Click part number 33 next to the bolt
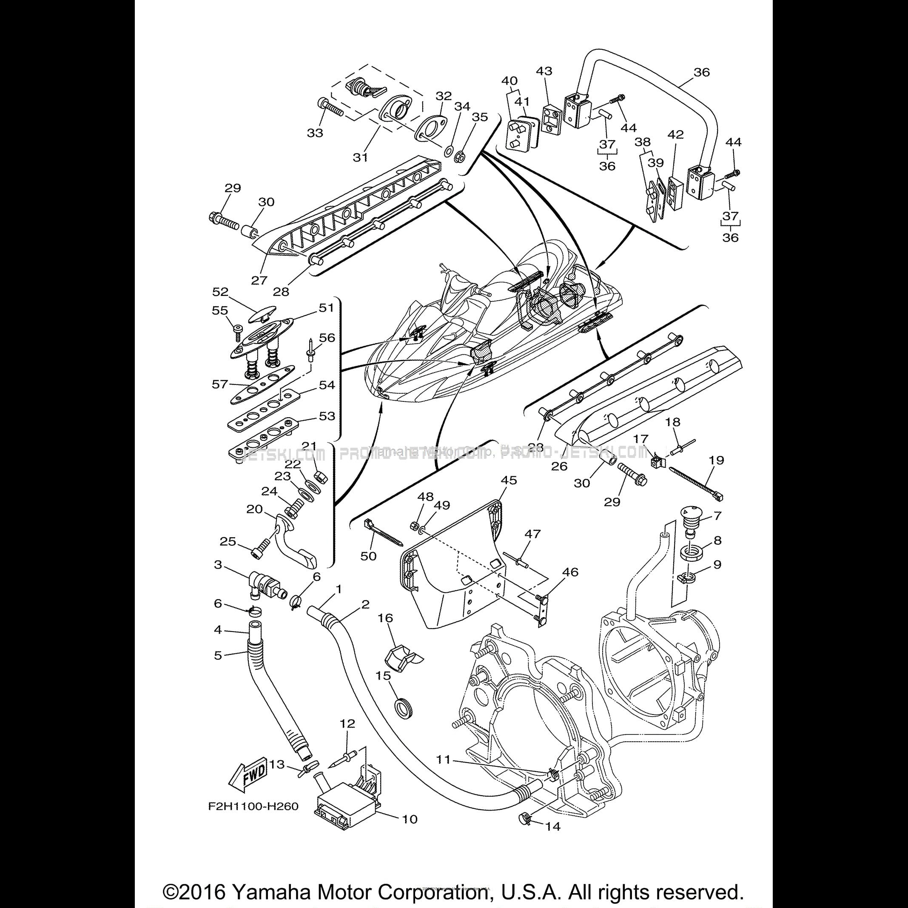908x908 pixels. (315, 133)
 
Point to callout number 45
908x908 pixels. (509, 480)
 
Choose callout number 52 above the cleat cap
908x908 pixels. (220, 292)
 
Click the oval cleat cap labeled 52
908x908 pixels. (261, 314)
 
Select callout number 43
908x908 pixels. (544, 71)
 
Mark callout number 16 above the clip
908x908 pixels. (385, 618)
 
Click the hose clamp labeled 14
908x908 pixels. (524, 832)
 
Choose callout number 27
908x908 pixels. (259, 280)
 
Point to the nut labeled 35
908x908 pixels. (460, 155)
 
